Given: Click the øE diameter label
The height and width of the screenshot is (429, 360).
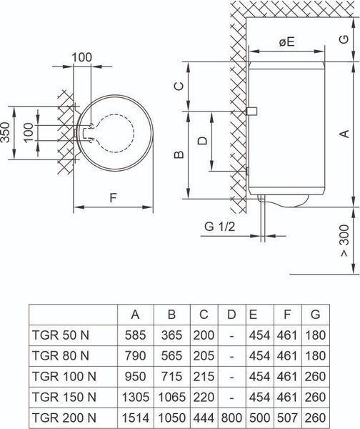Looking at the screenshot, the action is click(286, 42).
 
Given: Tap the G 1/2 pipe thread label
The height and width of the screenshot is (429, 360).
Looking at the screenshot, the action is click(219, 227).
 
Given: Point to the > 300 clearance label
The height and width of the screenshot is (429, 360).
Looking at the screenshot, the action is click(345, 241).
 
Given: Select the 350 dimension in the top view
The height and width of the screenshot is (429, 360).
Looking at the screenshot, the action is click(5, 132).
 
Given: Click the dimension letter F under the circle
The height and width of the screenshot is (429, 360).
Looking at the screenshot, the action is click(113, 198).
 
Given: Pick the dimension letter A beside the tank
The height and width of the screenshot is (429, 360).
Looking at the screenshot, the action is click(345, 134).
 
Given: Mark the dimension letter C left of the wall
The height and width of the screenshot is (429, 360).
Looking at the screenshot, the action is click(179, 87).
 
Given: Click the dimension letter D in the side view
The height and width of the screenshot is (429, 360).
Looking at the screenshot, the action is click(203, 141).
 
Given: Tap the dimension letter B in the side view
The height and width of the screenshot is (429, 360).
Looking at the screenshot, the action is click(179, 154).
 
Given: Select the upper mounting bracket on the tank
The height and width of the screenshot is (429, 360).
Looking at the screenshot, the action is click(251, 111).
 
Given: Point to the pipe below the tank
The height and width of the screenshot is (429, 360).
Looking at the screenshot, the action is click(262, 218).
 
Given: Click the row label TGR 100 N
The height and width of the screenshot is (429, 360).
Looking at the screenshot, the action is click(64, 377).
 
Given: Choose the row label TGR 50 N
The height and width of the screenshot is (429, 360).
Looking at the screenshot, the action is click(61, 335).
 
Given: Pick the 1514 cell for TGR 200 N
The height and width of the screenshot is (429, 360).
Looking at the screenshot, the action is click(136, 418).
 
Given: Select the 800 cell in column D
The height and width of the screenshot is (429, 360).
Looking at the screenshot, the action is click(231, 418).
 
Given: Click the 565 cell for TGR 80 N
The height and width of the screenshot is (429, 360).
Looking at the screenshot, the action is click(171, 355).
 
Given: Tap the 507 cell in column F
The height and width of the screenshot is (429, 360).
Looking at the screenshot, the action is click(287, 418).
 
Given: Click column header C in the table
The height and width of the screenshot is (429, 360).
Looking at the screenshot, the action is click(204, 315).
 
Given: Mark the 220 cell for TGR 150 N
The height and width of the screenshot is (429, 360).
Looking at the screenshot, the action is click(204, 397).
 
